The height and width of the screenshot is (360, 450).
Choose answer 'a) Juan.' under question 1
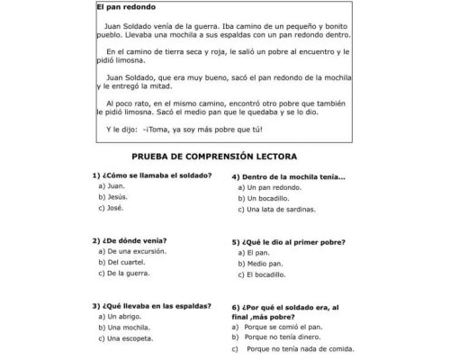coord(112,185)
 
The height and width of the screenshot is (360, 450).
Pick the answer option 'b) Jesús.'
coord(113,196)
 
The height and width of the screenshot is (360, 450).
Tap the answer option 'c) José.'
coord(112,208)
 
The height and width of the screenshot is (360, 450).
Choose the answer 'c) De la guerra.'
coord(125,273)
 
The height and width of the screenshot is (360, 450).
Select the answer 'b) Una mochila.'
coord(123,328)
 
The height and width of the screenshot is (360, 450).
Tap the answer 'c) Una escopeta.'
coord(125,339)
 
